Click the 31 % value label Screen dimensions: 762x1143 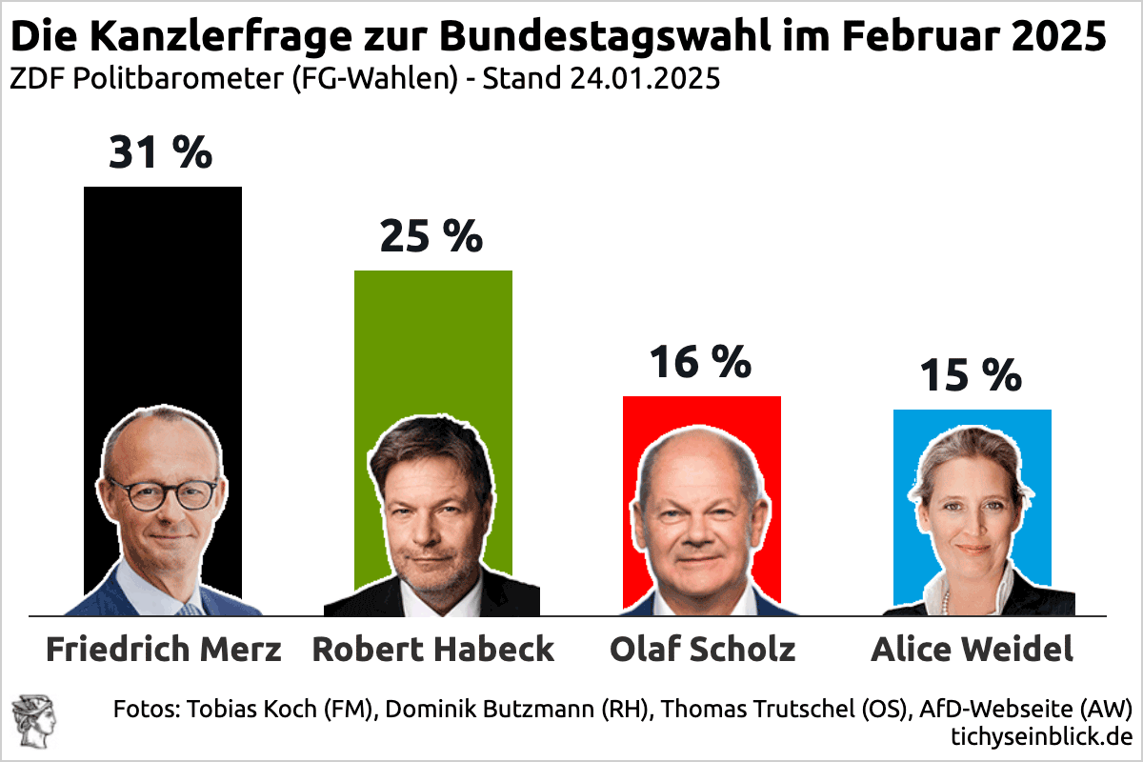click(x=160, y=152)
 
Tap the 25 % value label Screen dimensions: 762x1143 click(x=431, y=236)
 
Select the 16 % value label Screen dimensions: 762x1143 click(x=700, y=362)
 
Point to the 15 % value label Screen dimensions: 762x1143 click(x=970, y=376)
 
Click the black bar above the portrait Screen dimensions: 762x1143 click(x=163, y=286)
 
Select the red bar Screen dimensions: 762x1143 click(x=702, y=419)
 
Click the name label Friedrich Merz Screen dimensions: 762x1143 click(x=164, y=650)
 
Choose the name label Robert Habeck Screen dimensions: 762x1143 click(x=433, y=650)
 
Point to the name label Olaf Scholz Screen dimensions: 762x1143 click(x=702, y=650)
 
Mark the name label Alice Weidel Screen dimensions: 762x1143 click(x=972, y=650)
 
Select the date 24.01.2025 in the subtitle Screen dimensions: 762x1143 click(x=644, y=79)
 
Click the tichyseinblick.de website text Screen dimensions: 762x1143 click(x=1040, y=735)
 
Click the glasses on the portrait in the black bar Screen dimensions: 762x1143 click(x=162, y=494)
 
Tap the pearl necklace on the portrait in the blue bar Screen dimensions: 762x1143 click(x=946, y=601)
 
